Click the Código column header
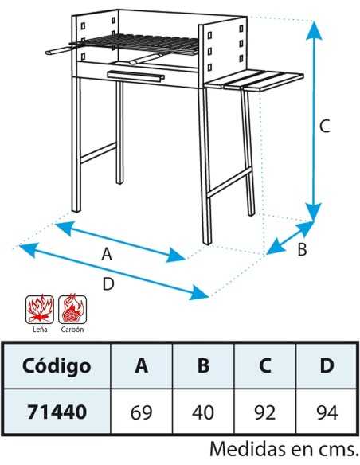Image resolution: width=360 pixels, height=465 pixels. (57, 365)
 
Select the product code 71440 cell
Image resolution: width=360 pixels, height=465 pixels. (57, 412)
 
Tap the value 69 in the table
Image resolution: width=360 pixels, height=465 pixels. (141, 412)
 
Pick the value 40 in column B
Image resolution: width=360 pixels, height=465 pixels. (203, 412)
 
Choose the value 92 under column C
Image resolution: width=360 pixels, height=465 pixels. (264, 412)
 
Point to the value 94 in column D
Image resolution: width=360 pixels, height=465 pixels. (327, 412)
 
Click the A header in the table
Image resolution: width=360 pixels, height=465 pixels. (142, 365)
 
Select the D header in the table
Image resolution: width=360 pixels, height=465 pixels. (327, 365)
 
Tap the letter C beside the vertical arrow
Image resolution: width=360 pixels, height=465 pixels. (324, 126)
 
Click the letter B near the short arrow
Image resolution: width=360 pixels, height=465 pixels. (302, 249)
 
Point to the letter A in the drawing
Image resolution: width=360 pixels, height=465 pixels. (107, 254)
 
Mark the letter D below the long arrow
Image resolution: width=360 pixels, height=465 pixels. (108, 283)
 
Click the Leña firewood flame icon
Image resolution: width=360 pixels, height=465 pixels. (40, 309)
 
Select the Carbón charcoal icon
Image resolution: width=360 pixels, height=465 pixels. (72, 309)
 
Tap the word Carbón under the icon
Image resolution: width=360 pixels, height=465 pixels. (72, 329)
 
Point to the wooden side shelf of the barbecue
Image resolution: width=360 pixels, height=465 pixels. (254, 80)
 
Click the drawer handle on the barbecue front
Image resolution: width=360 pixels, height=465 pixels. (136, 76)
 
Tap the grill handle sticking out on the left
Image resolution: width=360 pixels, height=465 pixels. (59, 51)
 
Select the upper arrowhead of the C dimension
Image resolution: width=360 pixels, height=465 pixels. (315, 29)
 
